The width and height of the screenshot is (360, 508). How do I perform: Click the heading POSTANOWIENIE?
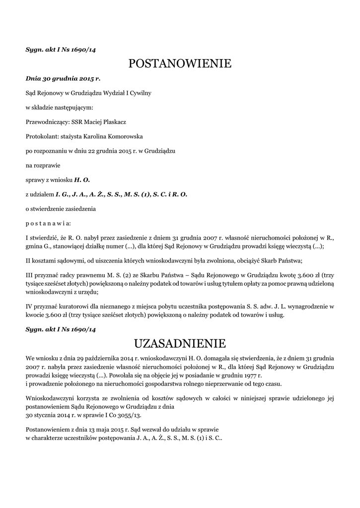coord(180,63)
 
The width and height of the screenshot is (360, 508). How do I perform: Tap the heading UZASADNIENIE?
coord(180,343)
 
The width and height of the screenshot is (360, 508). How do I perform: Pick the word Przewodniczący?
coord(44,122)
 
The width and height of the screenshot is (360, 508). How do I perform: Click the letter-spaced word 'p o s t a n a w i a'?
coord(48,223)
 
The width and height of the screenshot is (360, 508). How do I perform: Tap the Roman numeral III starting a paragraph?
coord(29,275)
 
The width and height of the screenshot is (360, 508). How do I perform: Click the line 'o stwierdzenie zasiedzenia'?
coord(61,209)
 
